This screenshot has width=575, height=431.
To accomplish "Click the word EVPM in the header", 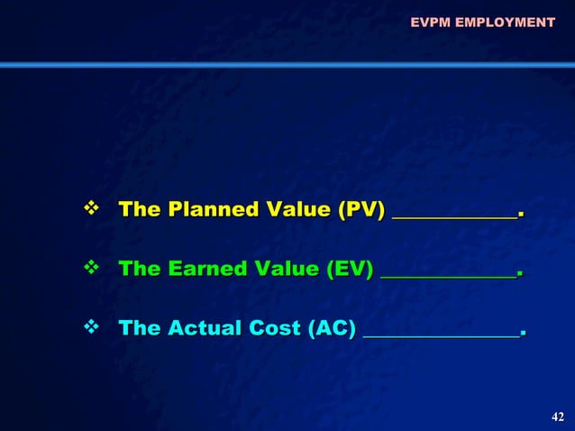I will click(430, 22).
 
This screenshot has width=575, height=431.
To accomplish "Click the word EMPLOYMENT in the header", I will click(505, 22).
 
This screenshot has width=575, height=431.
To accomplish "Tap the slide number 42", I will click(557, 416).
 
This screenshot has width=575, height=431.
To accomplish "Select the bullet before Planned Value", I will click(90, 209).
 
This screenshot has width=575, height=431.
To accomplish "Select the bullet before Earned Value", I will click(90, 268).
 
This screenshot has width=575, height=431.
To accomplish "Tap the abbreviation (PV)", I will click(361, 211).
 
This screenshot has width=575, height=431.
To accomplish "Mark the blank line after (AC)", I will click(441, 334).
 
